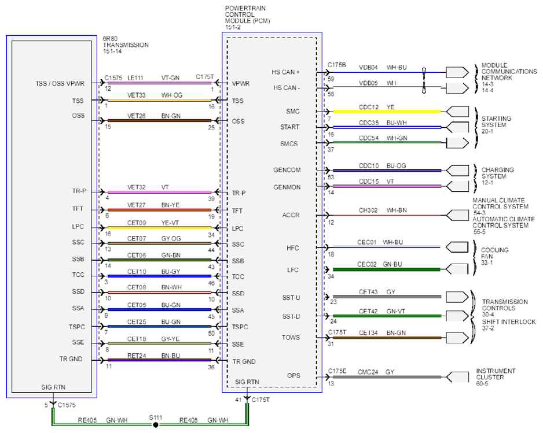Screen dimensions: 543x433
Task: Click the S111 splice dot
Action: tap(156, 425)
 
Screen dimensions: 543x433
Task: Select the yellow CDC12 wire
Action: tap(387, 112)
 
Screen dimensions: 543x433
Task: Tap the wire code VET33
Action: tap(136, 95)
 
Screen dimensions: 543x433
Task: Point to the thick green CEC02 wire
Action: tap(386, 269)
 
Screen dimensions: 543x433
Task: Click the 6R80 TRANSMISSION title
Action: tap(126, 45)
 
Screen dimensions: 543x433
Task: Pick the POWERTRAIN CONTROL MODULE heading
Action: tap(247, 18)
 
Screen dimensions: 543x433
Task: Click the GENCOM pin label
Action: tap(287, 170)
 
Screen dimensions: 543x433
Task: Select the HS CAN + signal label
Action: tap(286, 72)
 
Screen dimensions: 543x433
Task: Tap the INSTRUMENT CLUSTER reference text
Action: tap(496, 377)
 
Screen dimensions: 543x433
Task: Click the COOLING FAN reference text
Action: tap(494, 256)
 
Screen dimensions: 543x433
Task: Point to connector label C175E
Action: tap(337, 371)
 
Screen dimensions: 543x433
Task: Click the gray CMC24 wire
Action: tap(387, 377)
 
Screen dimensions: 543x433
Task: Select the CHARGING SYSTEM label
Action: tap(497, 176)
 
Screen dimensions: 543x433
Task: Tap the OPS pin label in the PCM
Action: tap(293, 376)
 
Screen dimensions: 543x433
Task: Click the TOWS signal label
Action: tap(291, 337)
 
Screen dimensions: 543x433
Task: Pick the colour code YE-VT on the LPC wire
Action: tap(170, 223)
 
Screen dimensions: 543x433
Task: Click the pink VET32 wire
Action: tap(159, 192)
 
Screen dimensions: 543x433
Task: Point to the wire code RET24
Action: tap(137, 356)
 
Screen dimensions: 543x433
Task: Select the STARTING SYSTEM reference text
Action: tap(496, 125)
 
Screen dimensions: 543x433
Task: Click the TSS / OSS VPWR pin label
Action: tap(60, 83)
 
